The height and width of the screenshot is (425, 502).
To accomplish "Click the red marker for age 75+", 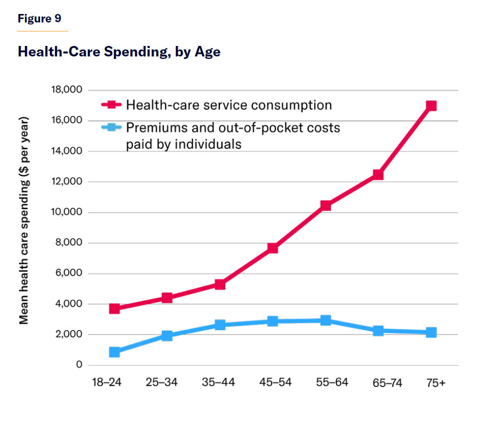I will (431, 106).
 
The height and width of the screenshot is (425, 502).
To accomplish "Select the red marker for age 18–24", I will (114, 309).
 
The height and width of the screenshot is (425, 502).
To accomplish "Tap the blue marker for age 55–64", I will (326, 320).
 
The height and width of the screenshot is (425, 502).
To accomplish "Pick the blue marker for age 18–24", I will (114, 352).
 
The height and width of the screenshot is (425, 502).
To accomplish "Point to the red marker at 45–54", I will (273, 248).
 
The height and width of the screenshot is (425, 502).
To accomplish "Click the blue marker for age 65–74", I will (378, 331).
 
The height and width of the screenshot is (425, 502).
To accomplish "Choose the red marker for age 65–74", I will (378, 175).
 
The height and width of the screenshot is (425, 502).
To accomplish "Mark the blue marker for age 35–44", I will (220, 325).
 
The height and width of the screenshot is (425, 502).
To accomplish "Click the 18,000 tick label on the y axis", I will (66, 90).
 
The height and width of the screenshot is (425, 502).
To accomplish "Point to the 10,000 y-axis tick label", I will (66, 212).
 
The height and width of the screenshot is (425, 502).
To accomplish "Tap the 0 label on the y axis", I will (79, 365).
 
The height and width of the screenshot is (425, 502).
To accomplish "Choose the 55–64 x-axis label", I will (332, 383).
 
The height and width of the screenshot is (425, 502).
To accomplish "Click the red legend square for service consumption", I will (112, 105).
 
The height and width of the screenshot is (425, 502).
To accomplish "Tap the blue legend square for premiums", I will (112, 128).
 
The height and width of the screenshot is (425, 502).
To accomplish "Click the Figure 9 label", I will (39, 19).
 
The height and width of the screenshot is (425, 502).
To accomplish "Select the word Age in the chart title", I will (208, 52).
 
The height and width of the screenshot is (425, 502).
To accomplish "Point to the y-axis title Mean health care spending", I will (23, 220).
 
